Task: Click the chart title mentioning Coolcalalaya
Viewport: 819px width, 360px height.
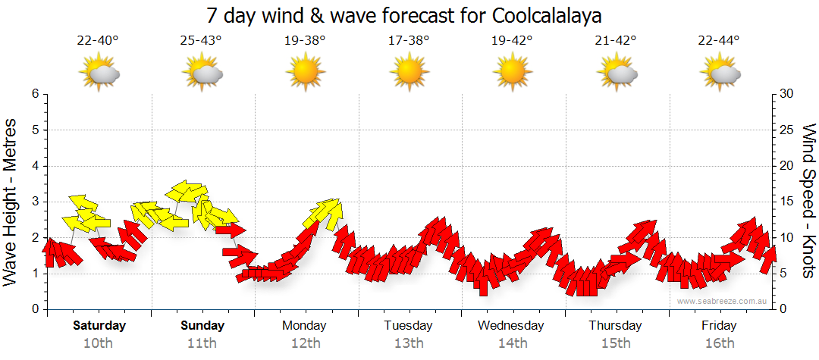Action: tap(409, 16)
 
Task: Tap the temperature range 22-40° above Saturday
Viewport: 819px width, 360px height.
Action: tap(98, 40)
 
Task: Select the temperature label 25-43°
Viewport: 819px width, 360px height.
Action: tap(201, 40)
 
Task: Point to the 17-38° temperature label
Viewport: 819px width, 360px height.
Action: tap(409, 40)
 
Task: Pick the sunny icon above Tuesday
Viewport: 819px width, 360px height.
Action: tap(409, 73)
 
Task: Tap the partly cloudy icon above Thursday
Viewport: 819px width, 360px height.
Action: tap(617, 73)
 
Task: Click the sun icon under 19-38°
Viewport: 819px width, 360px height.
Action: tap(305, 73)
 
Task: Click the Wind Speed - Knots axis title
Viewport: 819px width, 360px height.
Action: tap(808, 201)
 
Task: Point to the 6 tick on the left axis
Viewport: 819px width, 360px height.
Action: tap(35, 94)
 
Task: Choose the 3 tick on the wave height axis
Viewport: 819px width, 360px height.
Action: tap(35, 202)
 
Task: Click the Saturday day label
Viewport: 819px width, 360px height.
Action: tap(99, 326)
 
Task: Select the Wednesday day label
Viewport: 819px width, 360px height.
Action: tap(511, 326)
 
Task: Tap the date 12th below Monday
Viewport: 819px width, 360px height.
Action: tap(304, 343)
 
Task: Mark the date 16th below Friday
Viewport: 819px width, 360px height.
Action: tap(719, 343)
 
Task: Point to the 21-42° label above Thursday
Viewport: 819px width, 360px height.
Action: tap(616, 40)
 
